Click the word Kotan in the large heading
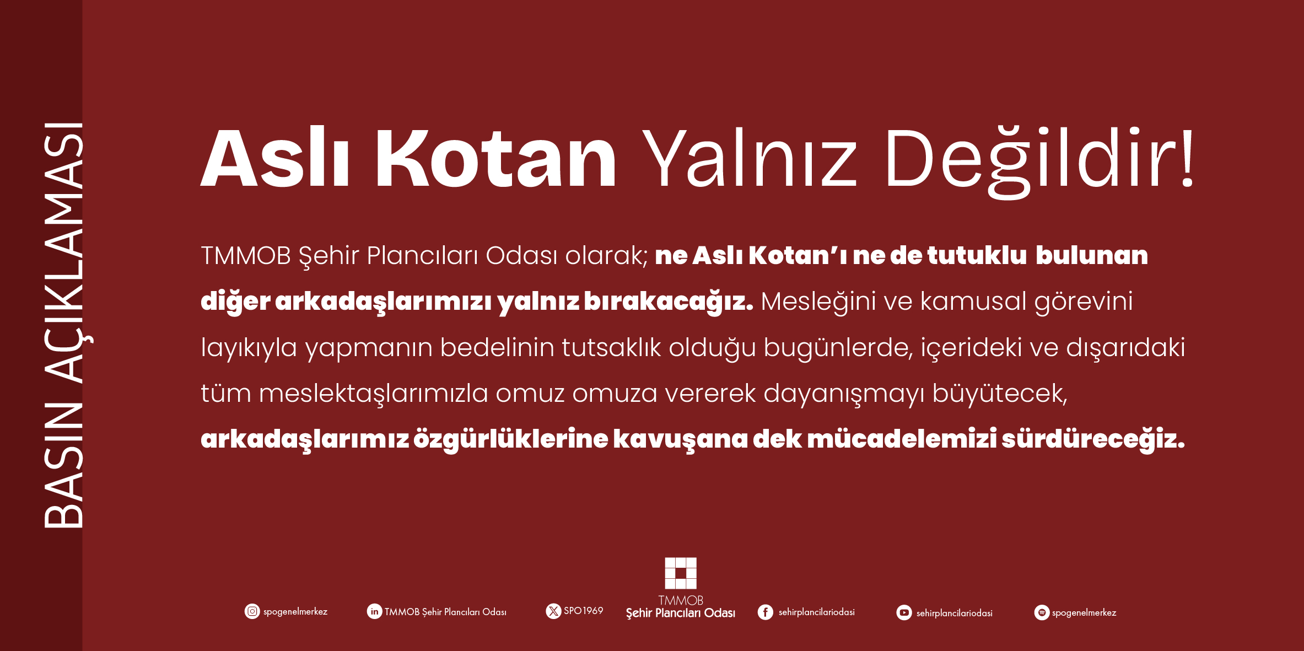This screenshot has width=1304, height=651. (x=495, y=159)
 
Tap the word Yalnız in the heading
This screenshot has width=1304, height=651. (x=749, y=158)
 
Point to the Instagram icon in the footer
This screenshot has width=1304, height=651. (x=252, y=611)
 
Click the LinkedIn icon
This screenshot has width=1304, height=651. (x=374, y=611)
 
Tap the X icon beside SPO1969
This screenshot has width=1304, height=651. (x=553, y=611)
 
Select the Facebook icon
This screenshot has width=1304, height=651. (x=766, y=612)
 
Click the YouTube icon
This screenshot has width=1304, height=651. (x=904, y=612)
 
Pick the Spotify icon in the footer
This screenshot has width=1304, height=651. (x=1042, y=612)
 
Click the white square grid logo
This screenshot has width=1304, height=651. (x=681, y=573)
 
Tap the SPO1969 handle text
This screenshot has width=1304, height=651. (x=584, y=611)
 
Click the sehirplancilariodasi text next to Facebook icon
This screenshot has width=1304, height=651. (x=817, y=612)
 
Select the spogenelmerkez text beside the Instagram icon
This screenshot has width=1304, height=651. (x=295, y=612)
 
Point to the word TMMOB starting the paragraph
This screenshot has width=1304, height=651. (x=246, y=256)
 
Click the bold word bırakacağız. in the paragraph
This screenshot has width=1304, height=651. (x=668, y=302)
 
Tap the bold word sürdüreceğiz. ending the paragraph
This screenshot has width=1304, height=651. (x=1093, y=439)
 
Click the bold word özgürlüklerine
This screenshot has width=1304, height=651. (x=511, y=439)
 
